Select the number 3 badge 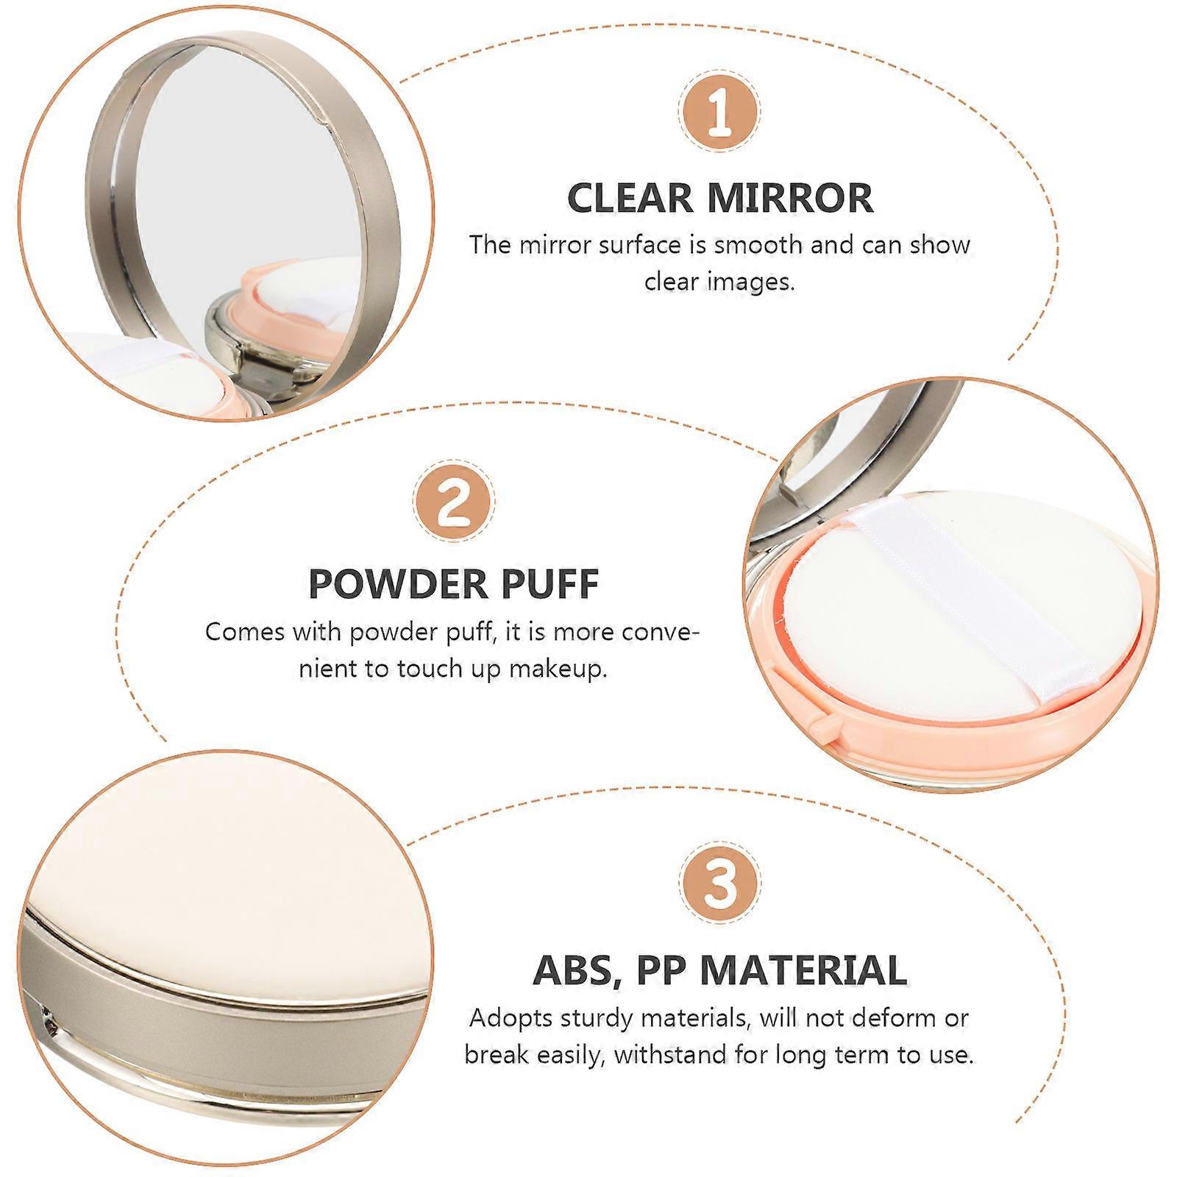720,883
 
